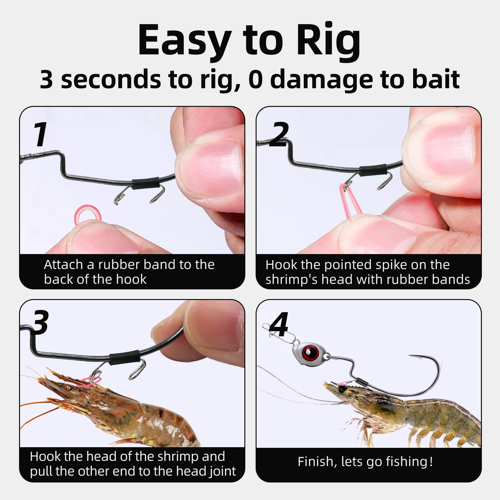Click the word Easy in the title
[x=184, y=41]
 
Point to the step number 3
[x=41, y=322]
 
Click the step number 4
[x=279, y=325]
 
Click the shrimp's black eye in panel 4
[x=343, y=389]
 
